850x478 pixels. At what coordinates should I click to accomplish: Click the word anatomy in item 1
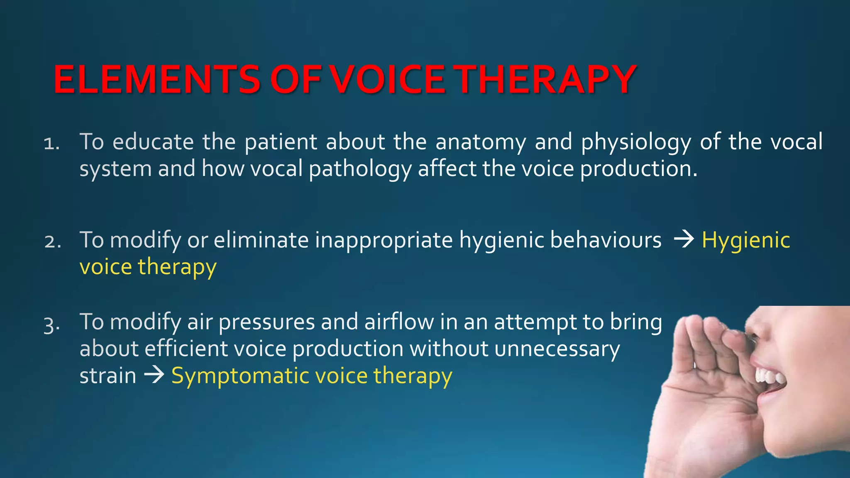[481, 142]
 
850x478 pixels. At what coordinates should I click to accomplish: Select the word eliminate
[261, 240]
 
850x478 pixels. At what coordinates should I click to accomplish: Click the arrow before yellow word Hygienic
[684, 240]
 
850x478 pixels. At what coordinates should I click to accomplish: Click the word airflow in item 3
[399, 322]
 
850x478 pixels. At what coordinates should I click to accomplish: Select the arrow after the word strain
[154, 376]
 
